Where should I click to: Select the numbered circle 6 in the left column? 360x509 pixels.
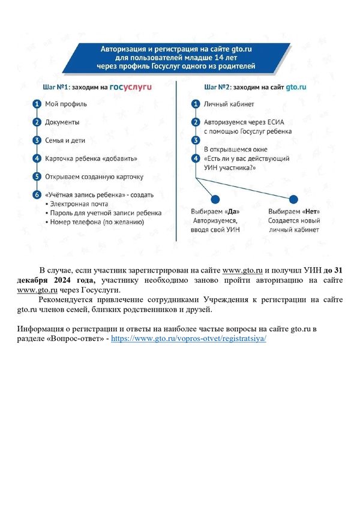click(x=37, y=194)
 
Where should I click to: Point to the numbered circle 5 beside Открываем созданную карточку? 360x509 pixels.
click(x=37, y=176)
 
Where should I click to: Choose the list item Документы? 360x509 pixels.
click(x=62, y=122)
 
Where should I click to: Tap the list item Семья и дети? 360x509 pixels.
click(x=65, y=140)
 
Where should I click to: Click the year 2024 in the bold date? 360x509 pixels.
click(x=67, y=280)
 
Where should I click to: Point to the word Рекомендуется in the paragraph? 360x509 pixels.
click(x=68, y=300)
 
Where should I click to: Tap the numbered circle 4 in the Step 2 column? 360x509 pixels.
click(x=195, y=158)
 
